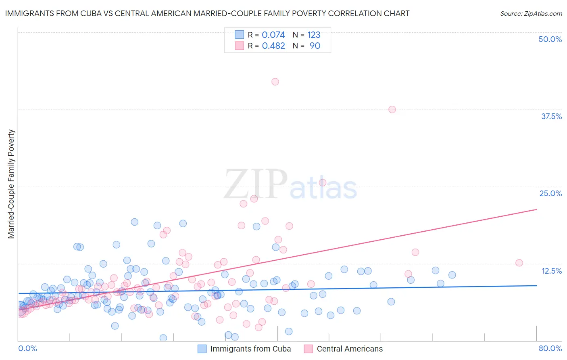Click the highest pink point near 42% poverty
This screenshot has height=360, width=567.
pos(275,82)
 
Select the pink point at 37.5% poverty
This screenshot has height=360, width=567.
pos(392,109)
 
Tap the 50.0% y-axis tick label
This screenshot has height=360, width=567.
pos(550,39)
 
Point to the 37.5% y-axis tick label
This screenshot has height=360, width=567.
pos(551,116)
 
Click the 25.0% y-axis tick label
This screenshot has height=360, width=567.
pos(550,193)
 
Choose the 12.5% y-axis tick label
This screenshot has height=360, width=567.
pos(551,271)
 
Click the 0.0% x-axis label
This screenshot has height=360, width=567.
pos(27,348)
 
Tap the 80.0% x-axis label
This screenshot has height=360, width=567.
pos(550,348)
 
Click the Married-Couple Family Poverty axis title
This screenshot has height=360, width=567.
pos(11,184)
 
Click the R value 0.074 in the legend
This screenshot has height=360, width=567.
pos(273,35)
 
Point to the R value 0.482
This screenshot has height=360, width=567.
pos(273,46)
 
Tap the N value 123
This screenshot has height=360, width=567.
pos(314,35)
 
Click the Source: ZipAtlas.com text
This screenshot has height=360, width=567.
pos(531,14)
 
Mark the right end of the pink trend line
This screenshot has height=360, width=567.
pos(536,209)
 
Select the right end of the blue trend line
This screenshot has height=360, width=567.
pos(536,285)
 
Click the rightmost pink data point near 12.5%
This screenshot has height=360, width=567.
pos(519,263)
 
